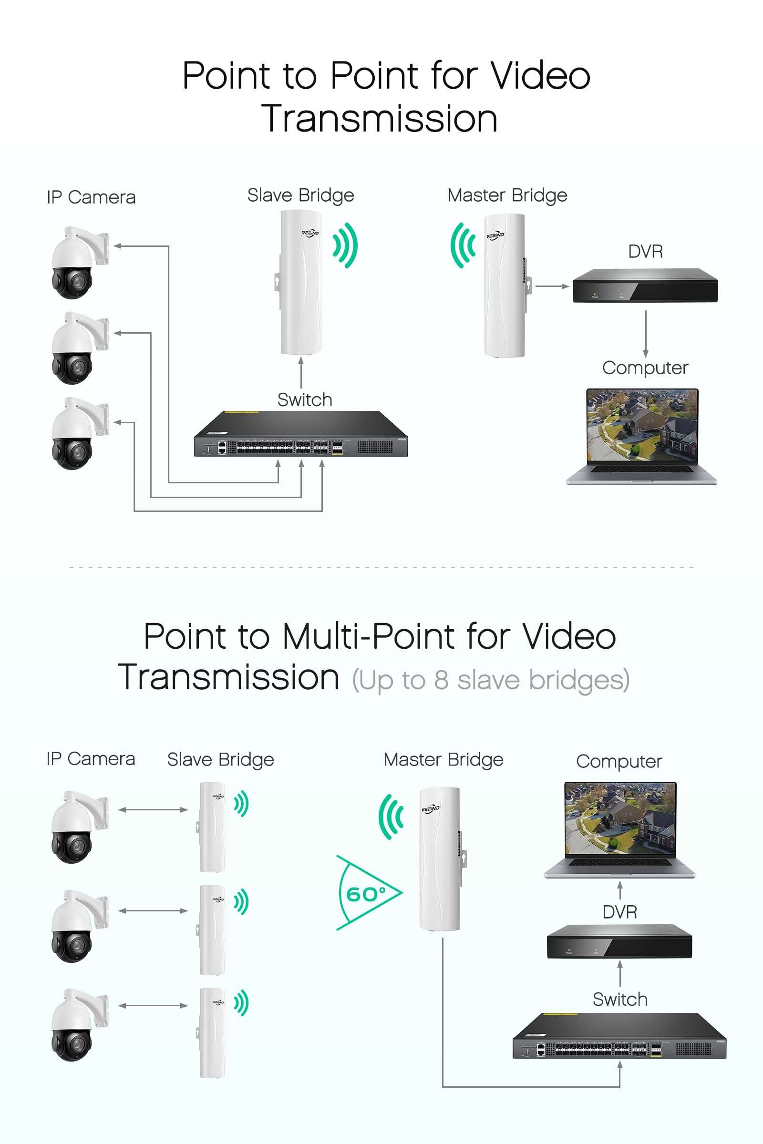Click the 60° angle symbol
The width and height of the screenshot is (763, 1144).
(366, 893)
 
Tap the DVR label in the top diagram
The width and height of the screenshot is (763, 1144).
(645, 252)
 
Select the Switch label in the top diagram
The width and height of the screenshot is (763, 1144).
(305, 400)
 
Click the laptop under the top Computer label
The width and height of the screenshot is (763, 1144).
(642, 436)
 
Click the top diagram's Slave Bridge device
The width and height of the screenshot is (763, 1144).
(301, 282)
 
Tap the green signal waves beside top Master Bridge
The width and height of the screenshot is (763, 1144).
(463, 245)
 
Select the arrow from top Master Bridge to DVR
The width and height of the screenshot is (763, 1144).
(552, 286)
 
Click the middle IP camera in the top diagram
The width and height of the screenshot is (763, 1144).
(78, 348)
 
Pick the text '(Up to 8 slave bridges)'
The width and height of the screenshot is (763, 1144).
(491, 680)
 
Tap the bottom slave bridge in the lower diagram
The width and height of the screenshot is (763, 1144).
(213, 1032)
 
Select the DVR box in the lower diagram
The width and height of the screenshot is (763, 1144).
(619, 941)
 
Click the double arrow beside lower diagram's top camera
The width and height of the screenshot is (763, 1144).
(153, 810)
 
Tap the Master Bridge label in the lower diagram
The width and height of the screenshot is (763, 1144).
(443, 760)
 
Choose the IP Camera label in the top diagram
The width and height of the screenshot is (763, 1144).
(91, 197)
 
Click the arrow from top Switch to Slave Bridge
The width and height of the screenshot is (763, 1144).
(301, 372)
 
